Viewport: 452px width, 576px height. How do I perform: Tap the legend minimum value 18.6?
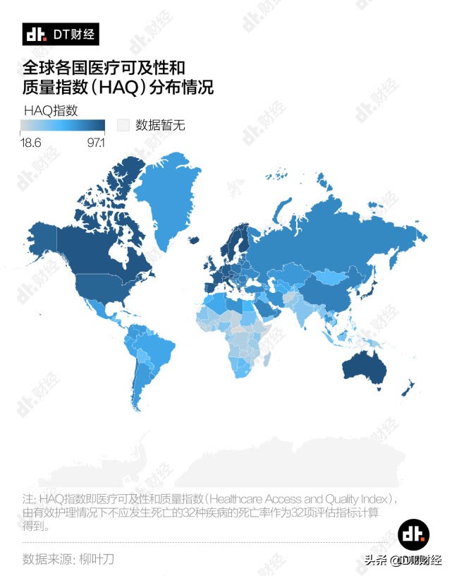(31, 143)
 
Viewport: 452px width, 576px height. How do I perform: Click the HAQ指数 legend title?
(50, 110)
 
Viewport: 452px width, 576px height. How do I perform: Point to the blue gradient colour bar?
(62, 126)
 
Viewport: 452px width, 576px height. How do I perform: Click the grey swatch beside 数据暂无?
(123, 126)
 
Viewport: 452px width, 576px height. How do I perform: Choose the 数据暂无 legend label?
(160, 126)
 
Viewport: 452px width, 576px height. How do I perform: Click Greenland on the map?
(166, 201)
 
